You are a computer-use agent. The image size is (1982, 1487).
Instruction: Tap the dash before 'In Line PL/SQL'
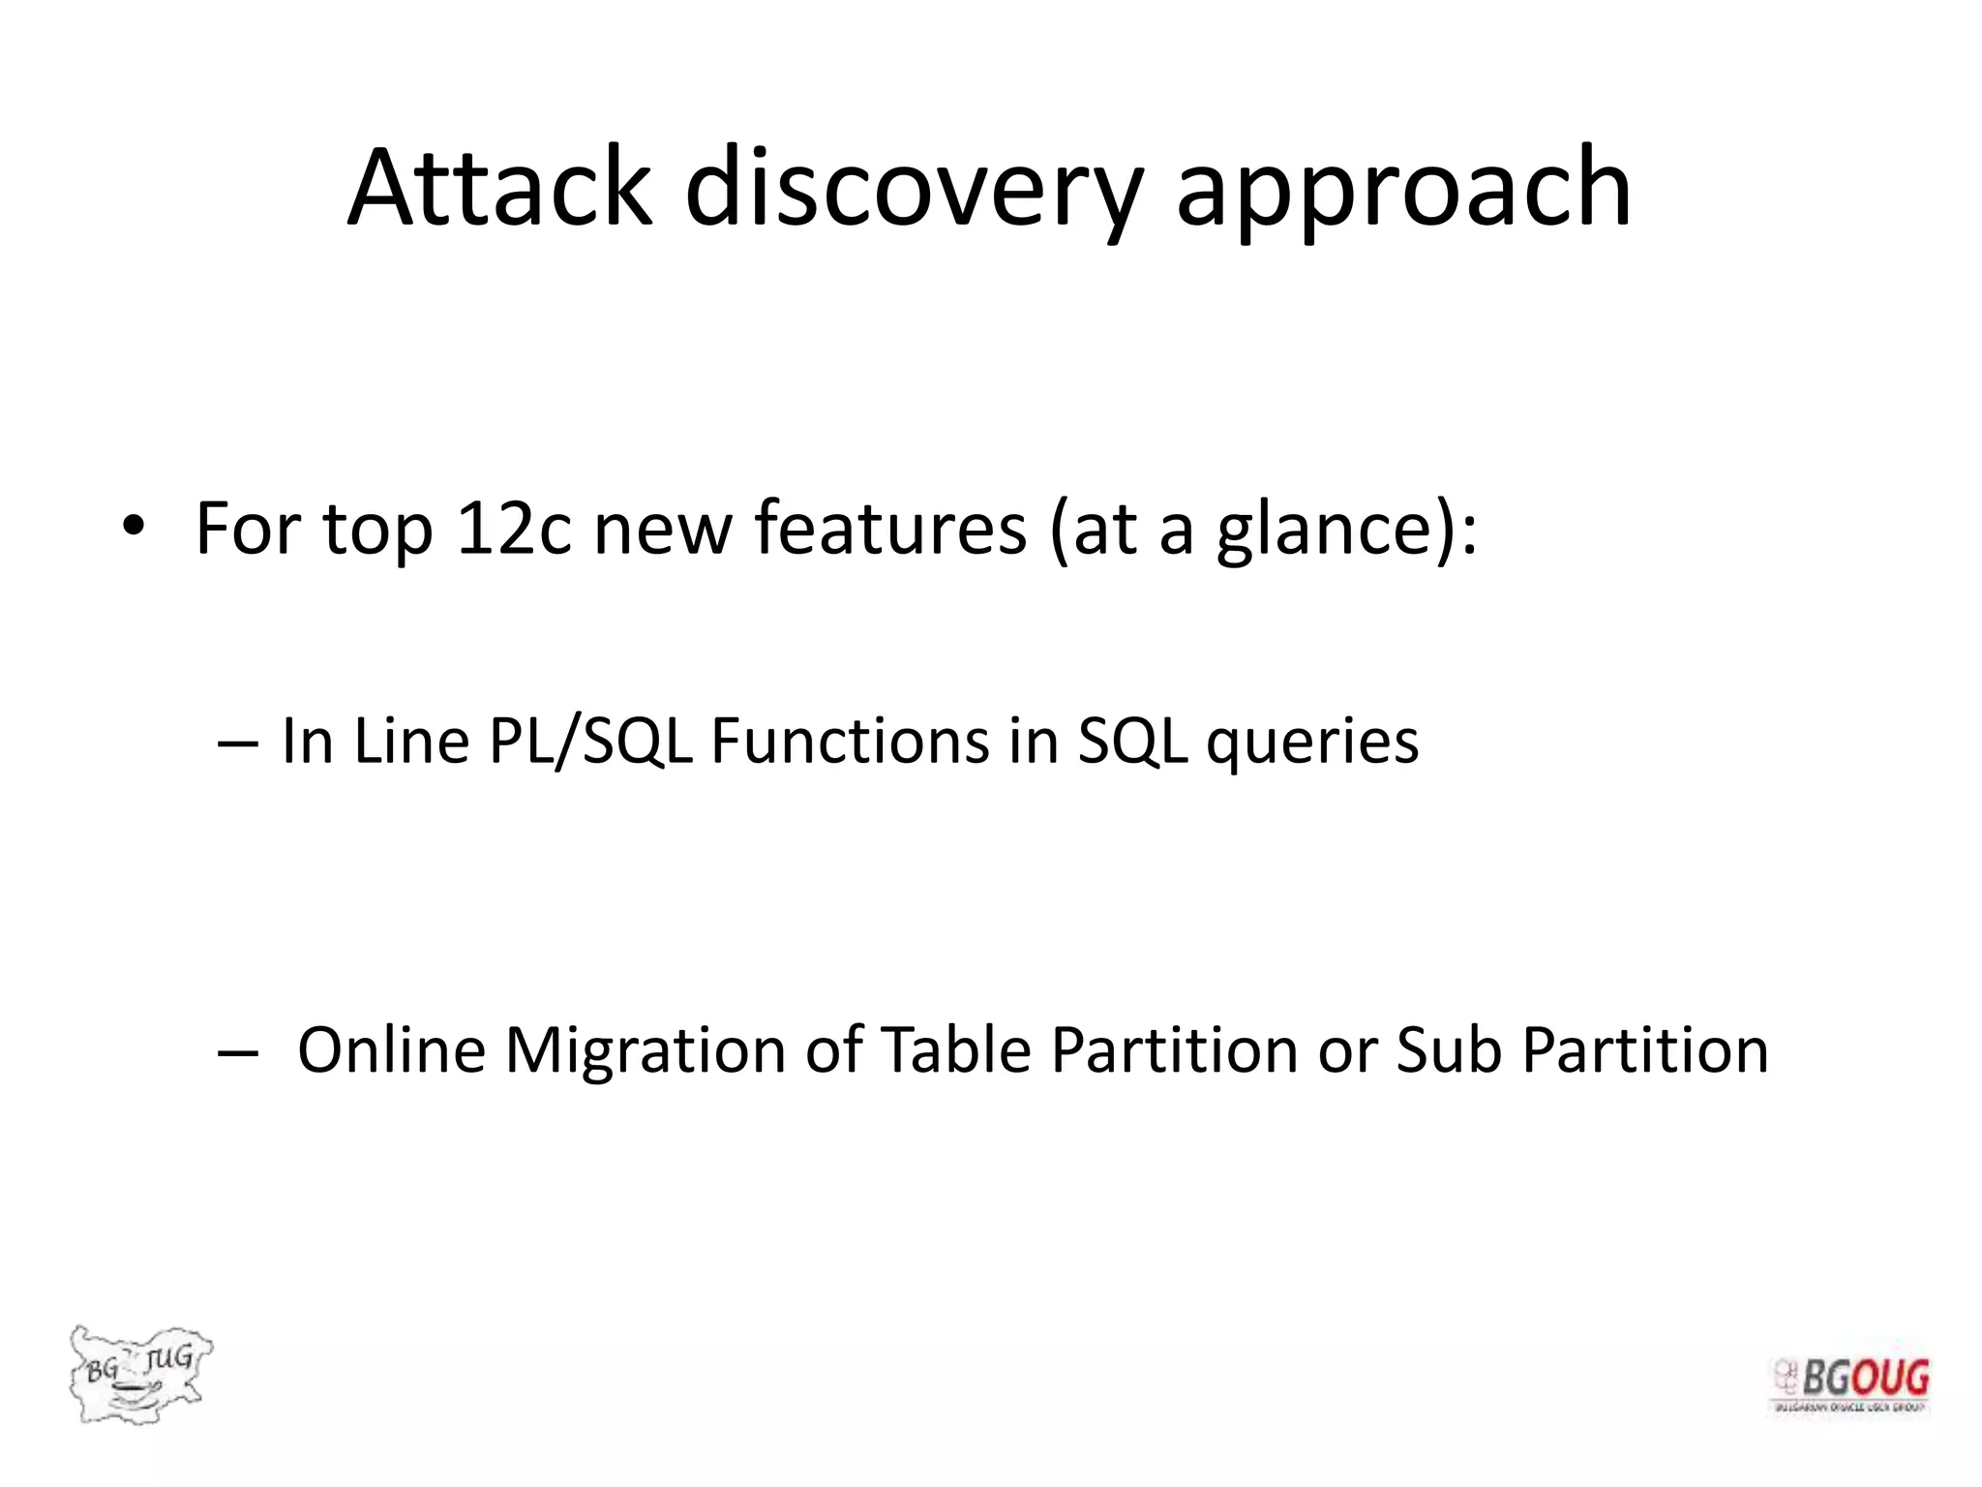tap(237, 743)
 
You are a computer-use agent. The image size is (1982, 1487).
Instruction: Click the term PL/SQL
tap(590, 743)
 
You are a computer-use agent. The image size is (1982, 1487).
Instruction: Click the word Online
tap(391, 1050)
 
